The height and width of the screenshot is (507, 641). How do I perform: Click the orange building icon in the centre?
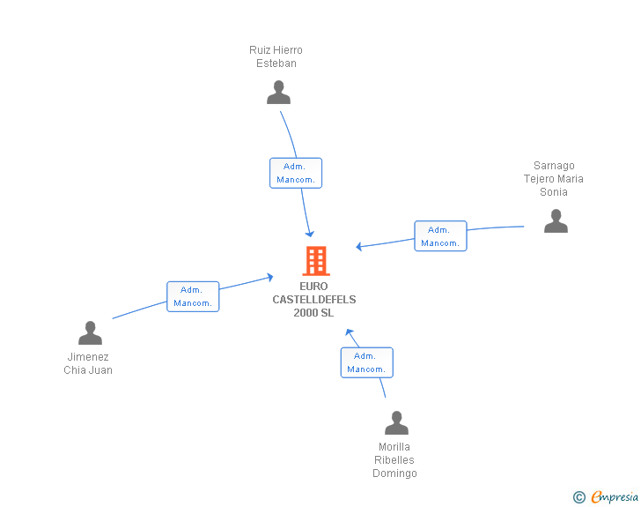315,261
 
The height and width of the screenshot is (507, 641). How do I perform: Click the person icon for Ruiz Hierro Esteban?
278,93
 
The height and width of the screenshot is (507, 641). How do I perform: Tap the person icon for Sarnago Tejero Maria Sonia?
556,221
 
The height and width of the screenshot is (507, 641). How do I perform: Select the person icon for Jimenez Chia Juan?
90,333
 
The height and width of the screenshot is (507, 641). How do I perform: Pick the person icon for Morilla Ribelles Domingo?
396,423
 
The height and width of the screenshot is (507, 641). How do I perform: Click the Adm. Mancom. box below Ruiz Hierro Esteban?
295,173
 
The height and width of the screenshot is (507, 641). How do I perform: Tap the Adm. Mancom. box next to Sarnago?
440,236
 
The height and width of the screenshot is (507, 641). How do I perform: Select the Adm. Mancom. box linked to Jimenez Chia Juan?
193,296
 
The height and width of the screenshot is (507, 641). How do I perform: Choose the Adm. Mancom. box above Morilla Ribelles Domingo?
366,362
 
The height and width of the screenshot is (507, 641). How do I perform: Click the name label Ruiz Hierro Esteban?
276,56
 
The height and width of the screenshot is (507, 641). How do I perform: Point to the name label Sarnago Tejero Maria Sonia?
554,179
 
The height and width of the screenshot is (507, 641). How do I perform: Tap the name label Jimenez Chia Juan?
88,363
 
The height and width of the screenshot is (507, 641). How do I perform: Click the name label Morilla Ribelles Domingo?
394,460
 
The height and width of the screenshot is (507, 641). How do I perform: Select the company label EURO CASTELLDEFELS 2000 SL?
314,300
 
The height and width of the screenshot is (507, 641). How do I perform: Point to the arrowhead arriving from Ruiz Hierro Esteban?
310,233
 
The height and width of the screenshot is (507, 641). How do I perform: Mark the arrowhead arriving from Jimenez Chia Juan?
269,277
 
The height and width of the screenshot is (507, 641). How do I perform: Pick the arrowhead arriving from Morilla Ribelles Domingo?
350,333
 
